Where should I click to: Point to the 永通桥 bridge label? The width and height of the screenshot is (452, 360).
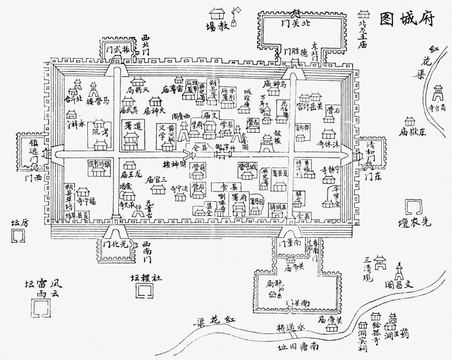291,327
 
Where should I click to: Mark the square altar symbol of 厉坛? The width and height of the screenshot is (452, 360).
18,237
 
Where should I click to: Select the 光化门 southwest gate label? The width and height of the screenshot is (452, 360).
115,243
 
